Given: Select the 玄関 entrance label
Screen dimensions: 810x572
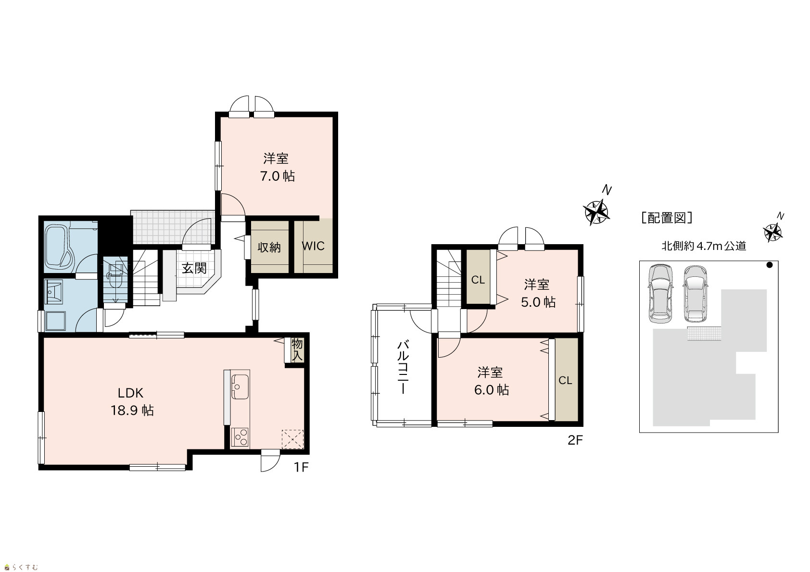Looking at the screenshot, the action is click(x=194, y=269).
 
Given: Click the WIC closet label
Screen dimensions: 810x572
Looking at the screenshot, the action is click(x=313, y=246).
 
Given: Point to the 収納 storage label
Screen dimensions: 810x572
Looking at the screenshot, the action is click(x=269, y=248).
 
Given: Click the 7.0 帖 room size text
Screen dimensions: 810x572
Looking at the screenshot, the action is click(x=278, y=176).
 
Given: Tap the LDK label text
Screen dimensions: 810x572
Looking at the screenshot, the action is click(x=130, y=392).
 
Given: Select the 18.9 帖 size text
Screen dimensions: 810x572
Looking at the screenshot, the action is click(x=132, y=410).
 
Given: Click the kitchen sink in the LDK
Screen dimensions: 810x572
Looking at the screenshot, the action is click(x=240, y=386).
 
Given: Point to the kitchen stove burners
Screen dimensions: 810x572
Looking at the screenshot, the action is click(x=240, y=437).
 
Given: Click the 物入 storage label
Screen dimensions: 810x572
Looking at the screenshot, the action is click(x=297, y=349).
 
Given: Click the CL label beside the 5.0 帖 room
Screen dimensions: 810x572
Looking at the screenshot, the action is click(x=478, y=280).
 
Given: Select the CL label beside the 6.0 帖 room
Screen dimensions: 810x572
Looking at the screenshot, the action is click(x=565, y=381).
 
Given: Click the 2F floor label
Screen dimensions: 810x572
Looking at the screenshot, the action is click(x=575, y=440).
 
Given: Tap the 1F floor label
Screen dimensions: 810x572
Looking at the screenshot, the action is click(x=301, y=467).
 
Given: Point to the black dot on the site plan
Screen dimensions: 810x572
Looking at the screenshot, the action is click(x=770, y=265).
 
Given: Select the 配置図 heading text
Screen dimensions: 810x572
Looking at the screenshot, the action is click(x=667, y=218).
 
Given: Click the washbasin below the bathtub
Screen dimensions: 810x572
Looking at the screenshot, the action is click(x=54, y=291).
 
